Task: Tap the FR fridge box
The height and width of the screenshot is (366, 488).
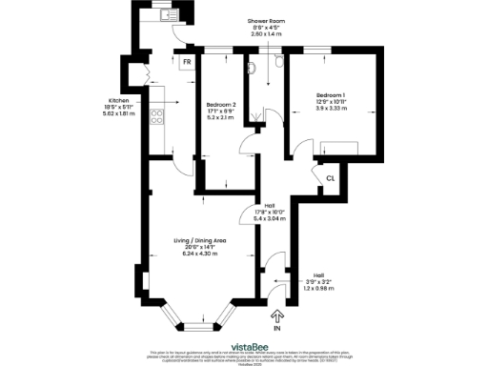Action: click(x=187, y=64)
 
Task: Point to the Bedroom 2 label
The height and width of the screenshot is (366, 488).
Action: click(x=220, y=104)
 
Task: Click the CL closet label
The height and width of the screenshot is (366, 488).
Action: click(x=329, y=178)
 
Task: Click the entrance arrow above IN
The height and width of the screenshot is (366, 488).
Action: click(x=278, y=315)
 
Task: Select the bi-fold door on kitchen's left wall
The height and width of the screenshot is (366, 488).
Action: click(x=145, y=74)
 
